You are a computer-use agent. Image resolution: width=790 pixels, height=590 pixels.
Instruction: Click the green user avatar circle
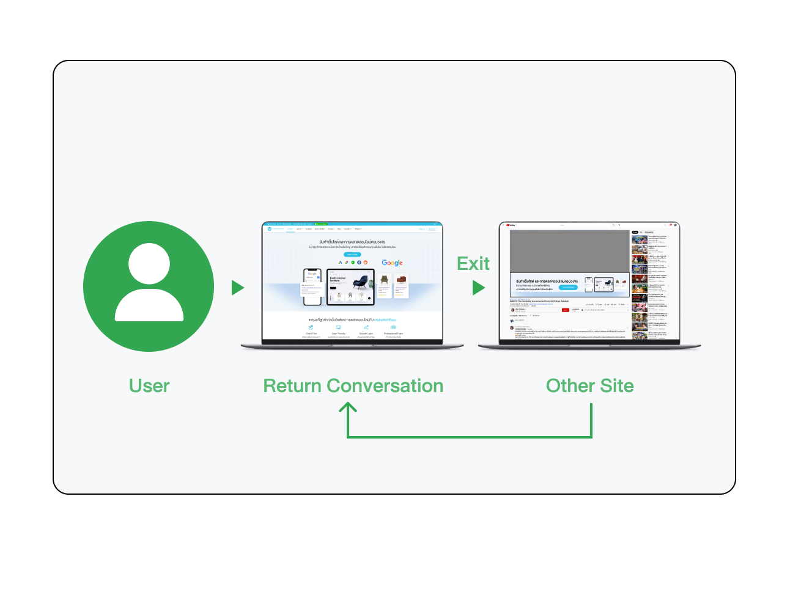pyautogui.click(x=149, y=286)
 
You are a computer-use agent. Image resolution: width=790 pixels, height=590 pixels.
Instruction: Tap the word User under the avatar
pyautogui.click(x=149, y=386)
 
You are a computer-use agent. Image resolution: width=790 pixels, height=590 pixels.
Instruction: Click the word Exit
pyautogui.click(x=473, y=264)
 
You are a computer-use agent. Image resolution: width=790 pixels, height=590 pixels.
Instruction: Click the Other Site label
pyautogui.click(x=589, y=386)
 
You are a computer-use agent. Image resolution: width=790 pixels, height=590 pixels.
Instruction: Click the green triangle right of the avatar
pyautogui.click(x=237, y=288)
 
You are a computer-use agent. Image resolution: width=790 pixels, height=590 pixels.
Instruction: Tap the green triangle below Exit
pyautogui.click(x=478, y=288)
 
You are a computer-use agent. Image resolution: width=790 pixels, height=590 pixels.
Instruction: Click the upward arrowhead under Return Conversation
pyautogui.click(x=348, y=407)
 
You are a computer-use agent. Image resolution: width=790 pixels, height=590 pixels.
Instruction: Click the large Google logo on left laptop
pyautogui.click(x=392, y=263)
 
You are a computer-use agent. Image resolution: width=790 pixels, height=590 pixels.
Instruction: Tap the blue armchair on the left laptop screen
pyautogui.click(x=361, y=282)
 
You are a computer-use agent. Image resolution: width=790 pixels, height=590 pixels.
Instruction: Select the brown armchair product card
pyautogui.click(x=401, y=284)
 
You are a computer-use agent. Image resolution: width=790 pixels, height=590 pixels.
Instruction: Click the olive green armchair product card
pyautogui.click(x=384, y=284)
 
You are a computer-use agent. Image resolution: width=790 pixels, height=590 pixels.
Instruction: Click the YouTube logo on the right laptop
pyautogui.click(x=511, y=225)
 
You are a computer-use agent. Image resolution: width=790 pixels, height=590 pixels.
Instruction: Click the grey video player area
pyautogui.click(x=569, y=250)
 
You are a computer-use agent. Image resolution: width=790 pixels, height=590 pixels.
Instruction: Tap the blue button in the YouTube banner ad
pyautogui.click(x=568, y=287)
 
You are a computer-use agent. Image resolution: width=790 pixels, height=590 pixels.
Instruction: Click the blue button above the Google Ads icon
pyautogui.click(x=352, y=254)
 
